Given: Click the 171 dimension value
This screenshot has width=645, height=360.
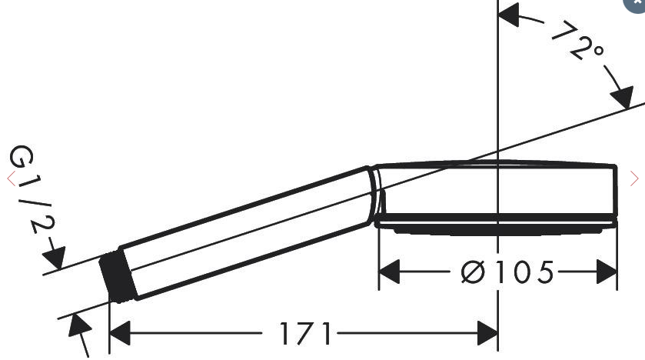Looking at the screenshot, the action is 306,333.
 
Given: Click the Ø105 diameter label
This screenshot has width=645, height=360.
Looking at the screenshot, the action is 507,272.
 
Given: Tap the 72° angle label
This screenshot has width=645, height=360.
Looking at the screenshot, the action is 578,40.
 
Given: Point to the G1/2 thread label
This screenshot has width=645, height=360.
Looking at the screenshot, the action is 32,189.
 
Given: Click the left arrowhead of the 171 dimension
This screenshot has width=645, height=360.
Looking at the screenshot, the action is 120,333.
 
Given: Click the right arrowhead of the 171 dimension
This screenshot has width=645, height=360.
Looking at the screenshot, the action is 487,333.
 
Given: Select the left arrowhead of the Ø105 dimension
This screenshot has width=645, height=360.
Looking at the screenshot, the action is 389,272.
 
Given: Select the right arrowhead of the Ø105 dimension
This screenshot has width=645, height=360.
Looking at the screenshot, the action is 607,272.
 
